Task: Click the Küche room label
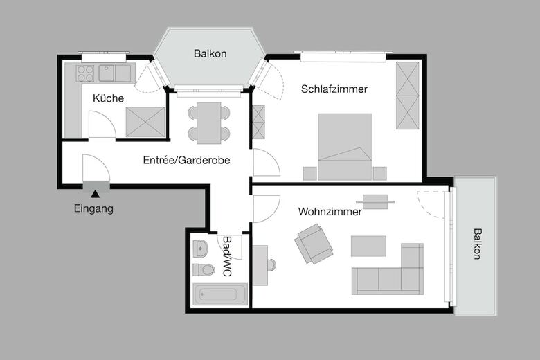pos(108,98)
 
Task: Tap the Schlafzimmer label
pos(334,89)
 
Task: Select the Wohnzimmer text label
pos(330,212)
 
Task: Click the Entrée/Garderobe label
pos(186,160)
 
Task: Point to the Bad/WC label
pos(226,257)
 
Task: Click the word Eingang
pos(93,208)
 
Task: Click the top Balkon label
pos(210,53)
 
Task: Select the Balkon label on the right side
pos(477,244)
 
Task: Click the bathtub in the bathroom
pos(215,295)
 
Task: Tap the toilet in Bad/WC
pos(203,269)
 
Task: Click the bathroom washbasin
pos(200,247)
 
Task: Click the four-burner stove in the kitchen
pos(85,72)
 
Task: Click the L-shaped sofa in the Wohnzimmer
pos(391,273)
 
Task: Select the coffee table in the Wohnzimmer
pos(368,246)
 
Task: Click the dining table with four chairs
pos(208,123)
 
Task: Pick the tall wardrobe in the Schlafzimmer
pos(407,95)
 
